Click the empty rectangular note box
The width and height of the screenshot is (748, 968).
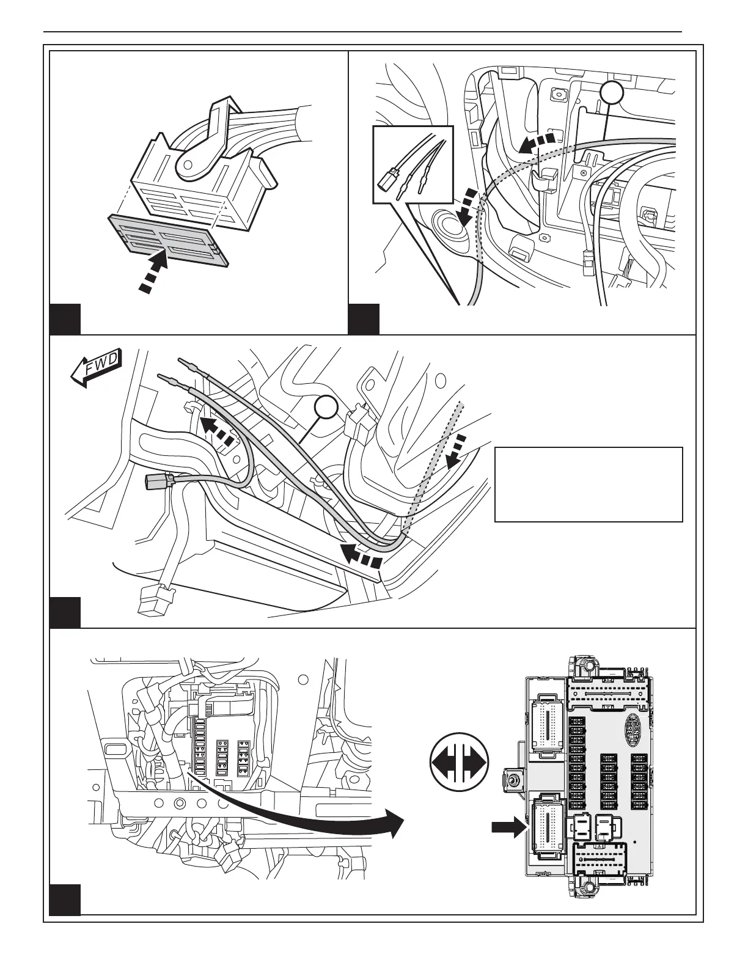[x=588, y=484]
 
